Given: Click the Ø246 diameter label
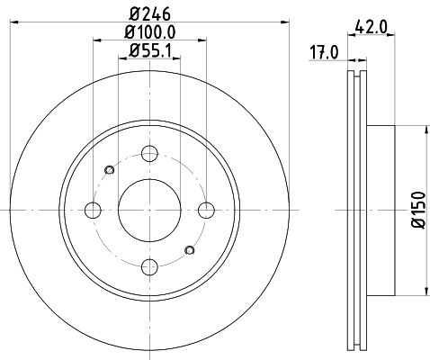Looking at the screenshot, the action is [150, 13].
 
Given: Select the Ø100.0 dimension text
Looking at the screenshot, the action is [149, 32].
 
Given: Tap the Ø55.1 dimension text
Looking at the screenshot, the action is [149, 50].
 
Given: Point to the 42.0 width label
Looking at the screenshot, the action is [371, 28].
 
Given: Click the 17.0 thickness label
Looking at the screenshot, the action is [324, 53].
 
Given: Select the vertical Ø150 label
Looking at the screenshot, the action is [419, 210].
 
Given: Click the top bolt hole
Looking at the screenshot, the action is [149, 154].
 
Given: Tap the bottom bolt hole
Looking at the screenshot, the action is [149, 266].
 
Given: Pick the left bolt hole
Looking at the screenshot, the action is [93, 210].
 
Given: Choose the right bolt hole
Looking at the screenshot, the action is [207, 210].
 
